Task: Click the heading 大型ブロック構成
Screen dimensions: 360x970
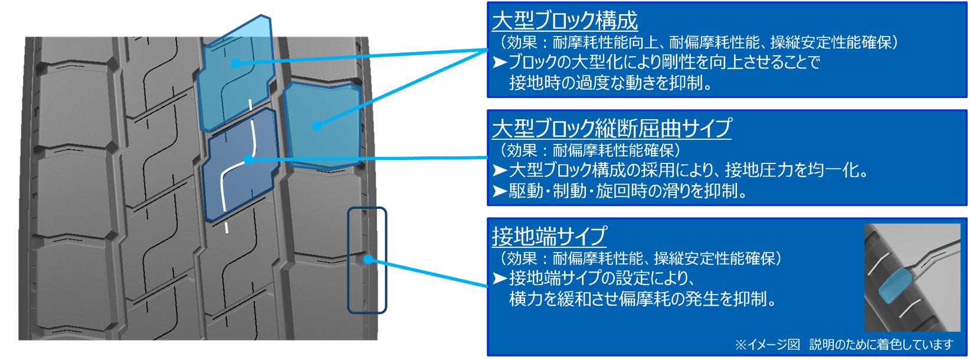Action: coord(565,21)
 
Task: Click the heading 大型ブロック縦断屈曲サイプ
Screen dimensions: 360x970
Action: coord(611,128)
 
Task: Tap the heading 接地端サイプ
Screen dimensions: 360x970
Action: coord(549,236)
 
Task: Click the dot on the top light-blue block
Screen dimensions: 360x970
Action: coord(236,63)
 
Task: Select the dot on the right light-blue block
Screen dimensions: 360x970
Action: coord(317,126)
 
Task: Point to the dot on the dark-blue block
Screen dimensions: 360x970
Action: coord(248,159)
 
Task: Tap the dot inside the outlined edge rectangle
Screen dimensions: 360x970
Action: coord(368,259)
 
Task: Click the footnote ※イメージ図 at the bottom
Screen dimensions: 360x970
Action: coord(767,344)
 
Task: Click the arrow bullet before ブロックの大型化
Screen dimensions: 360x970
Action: coord(500,62)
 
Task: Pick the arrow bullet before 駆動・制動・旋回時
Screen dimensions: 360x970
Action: coord(500,191)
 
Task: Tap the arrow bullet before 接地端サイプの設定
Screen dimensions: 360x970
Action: coord(500,278)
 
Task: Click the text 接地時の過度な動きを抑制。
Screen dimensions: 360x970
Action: coord(611,83)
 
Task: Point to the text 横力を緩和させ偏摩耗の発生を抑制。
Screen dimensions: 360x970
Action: coord(643,299)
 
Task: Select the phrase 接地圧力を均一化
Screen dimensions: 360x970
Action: coord(797,170)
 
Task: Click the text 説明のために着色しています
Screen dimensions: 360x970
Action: coord(881,344)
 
